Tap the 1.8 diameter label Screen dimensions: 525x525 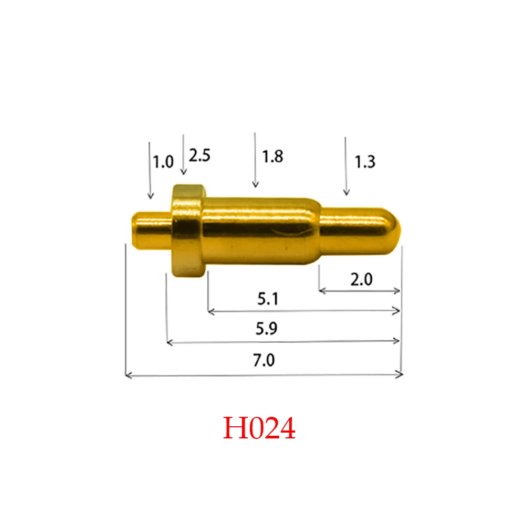coord(272,156)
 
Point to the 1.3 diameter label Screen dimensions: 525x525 coord(365,162)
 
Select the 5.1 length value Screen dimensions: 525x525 coord(268,299)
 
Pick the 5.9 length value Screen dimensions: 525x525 coord(267,329)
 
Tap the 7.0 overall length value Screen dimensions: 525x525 coord(264,361)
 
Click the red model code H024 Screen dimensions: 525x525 coord(259,428)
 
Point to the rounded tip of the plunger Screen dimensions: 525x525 coord(394,226)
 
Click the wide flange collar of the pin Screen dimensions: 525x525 coord(187,231)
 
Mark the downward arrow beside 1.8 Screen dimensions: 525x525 coord(255,160)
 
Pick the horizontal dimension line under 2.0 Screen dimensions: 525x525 coord(360,291)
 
